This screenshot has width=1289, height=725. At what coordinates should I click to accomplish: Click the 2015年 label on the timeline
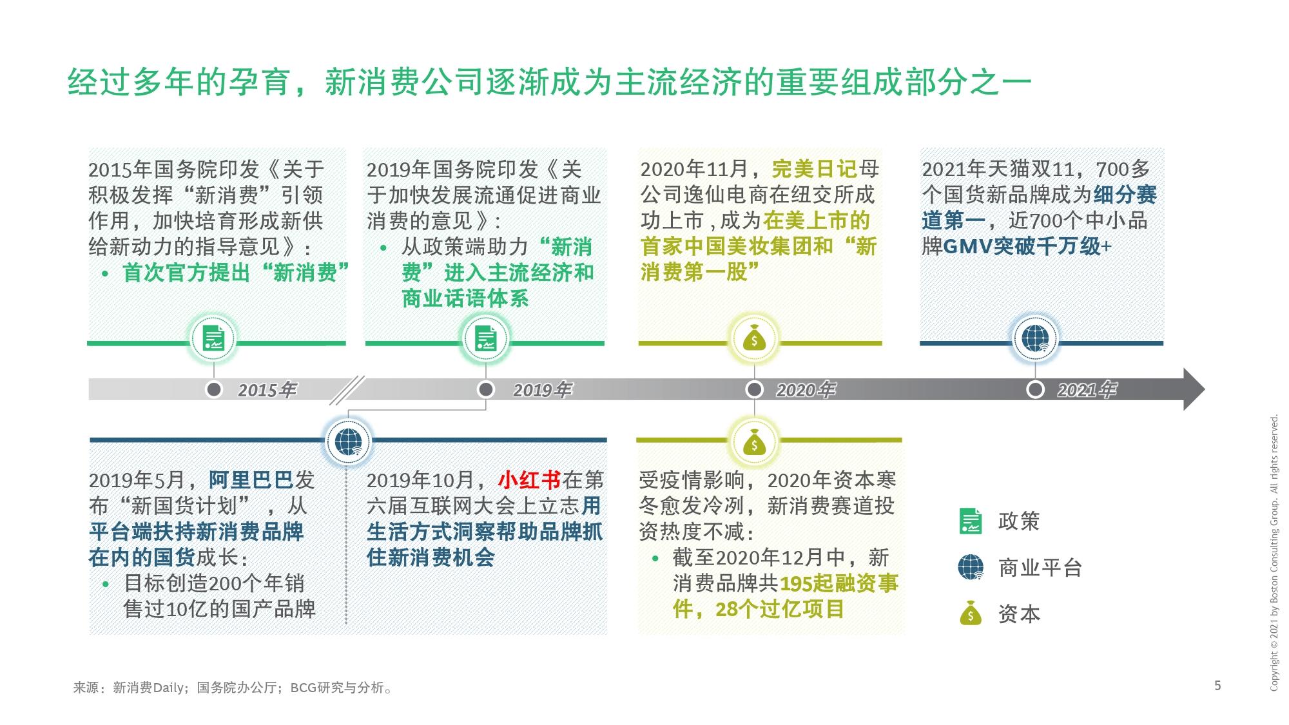pos(267,390)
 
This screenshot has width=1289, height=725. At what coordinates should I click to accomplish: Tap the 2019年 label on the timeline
pos(542,390)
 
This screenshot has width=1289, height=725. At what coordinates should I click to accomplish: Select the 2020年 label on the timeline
pos(806,390)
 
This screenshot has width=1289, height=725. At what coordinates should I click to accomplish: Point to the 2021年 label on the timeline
pos(1087,390)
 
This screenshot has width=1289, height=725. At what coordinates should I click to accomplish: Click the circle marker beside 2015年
pos(214,389)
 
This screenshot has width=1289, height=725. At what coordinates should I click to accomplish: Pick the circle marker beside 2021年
pos(1035,389)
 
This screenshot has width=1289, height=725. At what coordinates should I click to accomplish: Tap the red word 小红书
pos(530,480)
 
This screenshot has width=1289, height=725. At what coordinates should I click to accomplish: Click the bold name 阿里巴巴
pos(251,480)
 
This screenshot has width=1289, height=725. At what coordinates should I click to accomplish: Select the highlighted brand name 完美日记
pos(815,169)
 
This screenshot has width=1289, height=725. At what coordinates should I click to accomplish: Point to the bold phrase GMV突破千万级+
pos(1027,247)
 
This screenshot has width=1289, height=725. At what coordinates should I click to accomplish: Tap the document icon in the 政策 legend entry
pos(971,521)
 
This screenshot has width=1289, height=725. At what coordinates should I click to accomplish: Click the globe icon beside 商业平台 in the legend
pos(971,567)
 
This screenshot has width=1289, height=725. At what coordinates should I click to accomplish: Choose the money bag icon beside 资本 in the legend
pos(971,614)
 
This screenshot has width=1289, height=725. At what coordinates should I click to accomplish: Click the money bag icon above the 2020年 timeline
pos(754,339)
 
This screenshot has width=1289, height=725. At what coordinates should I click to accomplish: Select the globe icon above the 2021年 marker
pos(1035,339)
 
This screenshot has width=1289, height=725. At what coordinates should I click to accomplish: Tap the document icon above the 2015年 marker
pos(213,339)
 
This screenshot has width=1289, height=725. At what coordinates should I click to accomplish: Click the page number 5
pos(1217,685)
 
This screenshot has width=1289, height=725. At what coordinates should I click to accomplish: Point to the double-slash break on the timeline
pos(347,390)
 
